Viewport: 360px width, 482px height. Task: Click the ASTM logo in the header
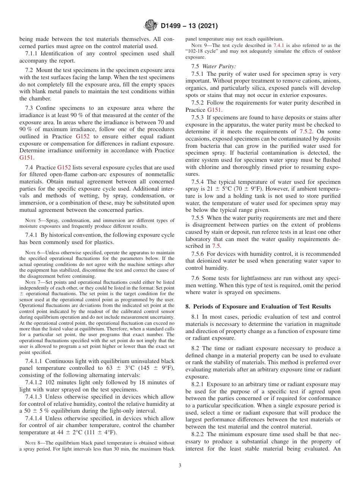(x=151, y=26)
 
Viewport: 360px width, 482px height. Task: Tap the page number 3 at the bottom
(x=180, y=466)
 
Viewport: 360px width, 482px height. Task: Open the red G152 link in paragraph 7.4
(x=64, y=167)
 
